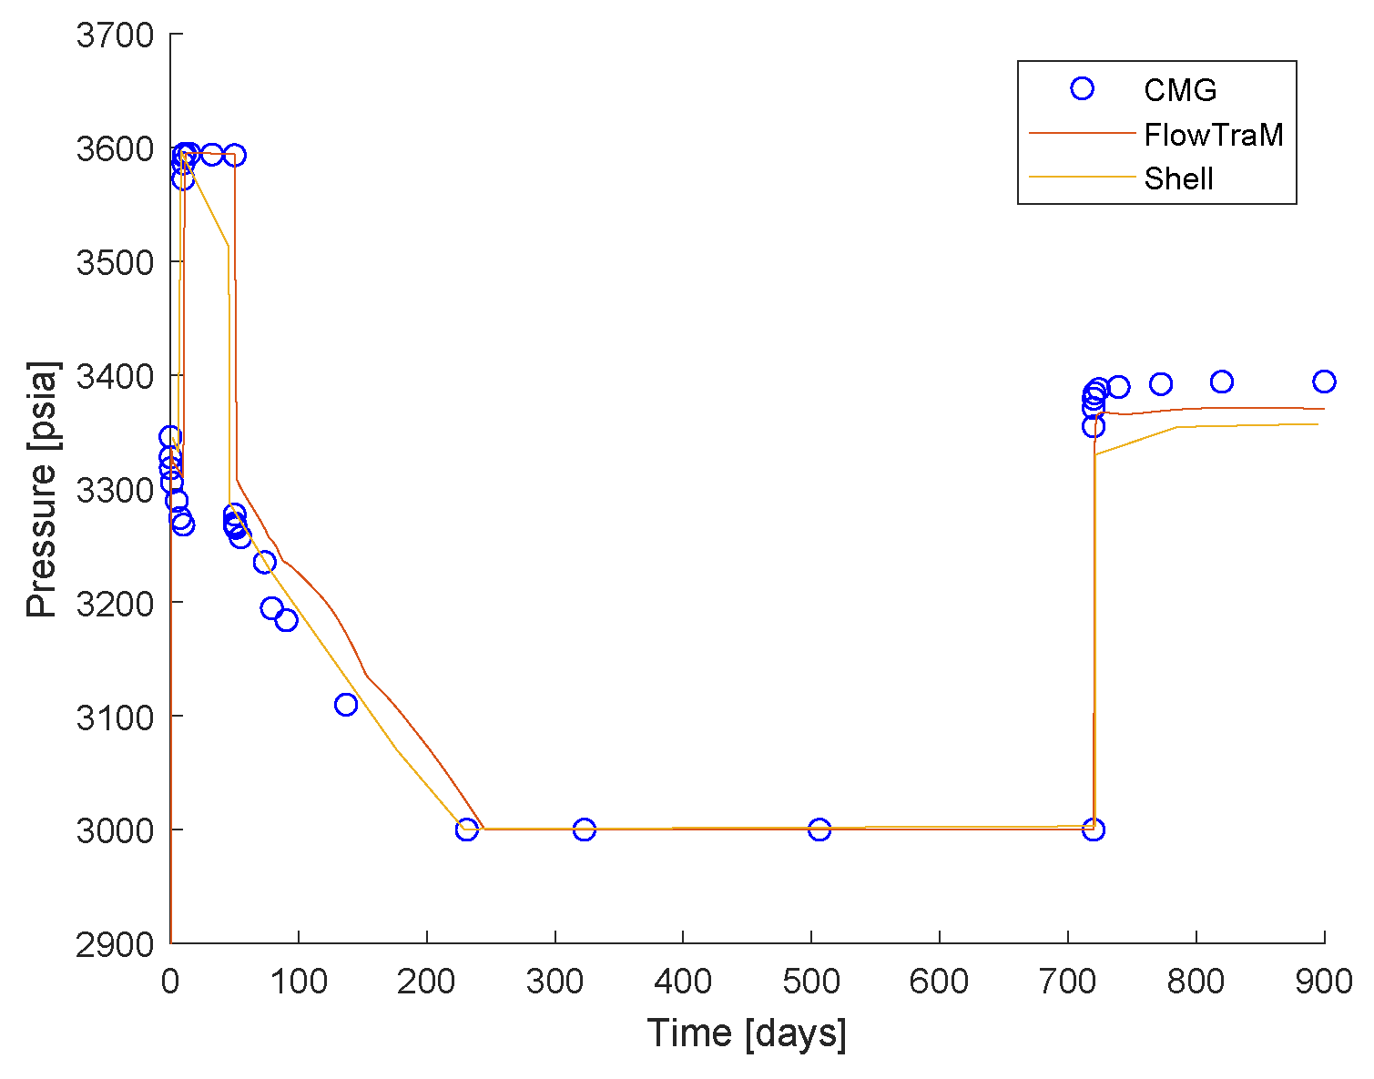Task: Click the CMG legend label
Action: (1180, 89)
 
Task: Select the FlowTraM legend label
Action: (1213, 135)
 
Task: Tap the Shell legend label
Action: (1178, 178)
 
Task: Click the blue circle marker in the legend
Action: (1082, 88)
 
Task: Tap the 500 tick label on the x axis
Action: (811, 982)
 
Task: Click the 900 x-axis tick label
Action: (1323, 982)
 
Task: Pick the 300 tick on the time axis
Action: (555, 982)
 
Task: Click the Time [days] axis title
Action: (747, 1034)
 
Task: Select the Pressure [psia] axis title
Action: (42, 489)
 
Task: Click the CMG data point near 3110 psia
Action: (346, 704)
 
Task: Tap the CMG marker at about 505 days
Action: (819, 830)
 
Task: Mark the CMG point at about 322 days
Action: (585, 830)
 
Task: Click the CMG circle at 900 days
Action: (1324, 382)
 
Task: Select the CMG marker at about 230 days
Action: (467, 830)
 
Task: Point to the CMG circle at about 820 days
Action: (1222, 382)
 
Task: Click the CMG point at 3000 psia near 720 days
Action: (1094, 830)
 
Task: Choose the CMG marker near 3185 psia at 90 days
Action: (287, 620)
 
